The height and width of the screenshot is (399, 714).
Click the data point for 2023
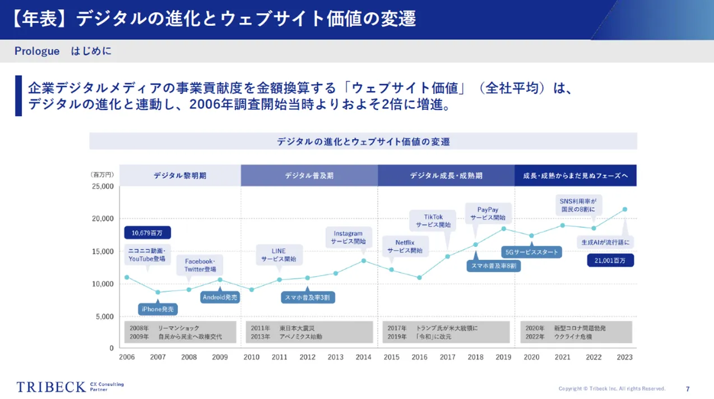tap(625, 210)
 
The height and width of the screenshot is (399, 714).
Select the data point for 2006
tap(127, 277)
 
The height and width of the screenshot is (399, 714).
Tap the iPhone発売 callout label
tap(157, 309)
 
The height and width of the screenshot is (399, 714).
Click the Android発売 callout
tap(220, 297)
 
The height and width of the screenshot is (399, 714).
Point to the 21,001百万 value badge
tap(610, 260)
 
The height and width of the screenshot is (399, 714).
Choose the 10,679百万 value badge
tap(147, 232)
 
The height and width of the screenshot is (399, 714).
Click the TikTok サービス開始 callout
tap(433, 221)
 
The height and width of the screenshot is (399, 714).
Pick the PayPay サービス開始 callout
tap(488, 213)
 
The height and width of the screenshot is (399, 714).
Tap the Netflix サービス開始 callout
tap(404, 246)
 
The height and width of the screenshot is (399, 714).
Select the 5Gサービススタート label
tap(531, 252)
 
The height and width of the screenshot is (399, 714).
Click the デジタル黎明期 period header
tap(180, 176)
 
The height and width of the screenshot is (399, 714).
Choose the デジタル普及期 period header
tap(309, 176)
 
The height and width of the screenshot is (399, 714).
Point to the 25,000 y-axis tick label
tap(103, 186)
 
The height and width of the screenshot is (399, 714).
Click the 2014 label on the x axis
tap(363, 357)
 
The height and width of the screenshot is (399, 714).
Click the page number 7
tap(688, 389)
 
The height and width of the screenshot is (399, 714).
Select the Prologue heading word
tap(37, 51)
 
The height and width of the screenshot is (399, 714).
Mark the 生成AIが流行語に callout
tap(605, 242)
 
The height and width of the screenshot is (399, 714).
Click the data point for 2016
tap(419, 278)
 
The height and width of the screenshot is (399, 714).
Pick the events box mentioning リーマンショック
tap(180, 332)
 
